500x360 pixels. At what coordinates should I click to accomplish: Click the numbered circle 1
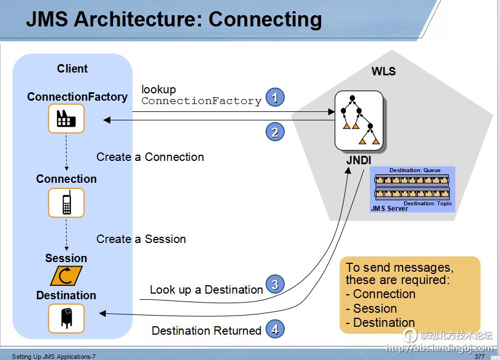pos(275,98)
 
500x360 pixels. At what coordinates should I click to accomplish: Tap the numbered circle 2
pos(275,132)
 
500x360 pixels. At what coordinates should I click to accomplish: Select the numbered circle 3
pos(275,285)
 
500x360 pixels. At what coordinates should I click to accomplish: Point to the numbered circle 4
pos(275,330)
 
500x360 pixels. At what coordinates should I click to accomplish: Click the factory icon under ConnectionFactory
pos(66,119)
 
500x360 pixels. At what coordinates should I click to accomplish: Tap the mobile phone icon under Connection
pos(66,202)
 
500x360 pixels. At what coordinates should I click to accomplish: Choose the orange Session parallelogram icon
pos(66,276)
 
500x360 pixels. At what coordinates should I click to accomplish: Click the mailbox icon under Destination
pos(66,318)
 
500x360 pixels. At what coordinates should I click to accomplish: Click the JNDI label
pos(359,160)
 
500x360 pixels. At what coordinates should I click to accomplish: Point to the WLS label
pos(383,71)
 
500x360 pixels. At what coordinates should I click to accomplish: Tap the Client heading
pos(72,69)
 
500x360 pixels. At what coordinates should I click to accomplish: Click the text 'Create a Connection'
pos(150,157)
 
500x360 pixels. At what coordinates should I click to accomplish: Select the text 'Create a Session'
pos(141,239)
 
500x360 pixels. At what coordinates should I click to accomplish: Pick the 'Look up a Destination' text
pos(206,290)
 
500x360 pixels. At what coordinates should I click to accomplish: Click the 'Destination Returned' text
pos(207,331)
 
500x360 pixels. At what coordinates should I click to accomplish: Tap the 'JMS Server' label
pos(390,209)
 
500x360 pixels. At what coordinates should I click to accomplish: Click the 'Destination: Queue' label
pos(415,170)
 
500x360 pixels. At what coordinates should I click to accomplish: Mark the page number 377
pos(479,357)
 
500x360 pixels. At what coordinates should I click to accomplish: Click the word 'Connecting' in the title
pos(265,19)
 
